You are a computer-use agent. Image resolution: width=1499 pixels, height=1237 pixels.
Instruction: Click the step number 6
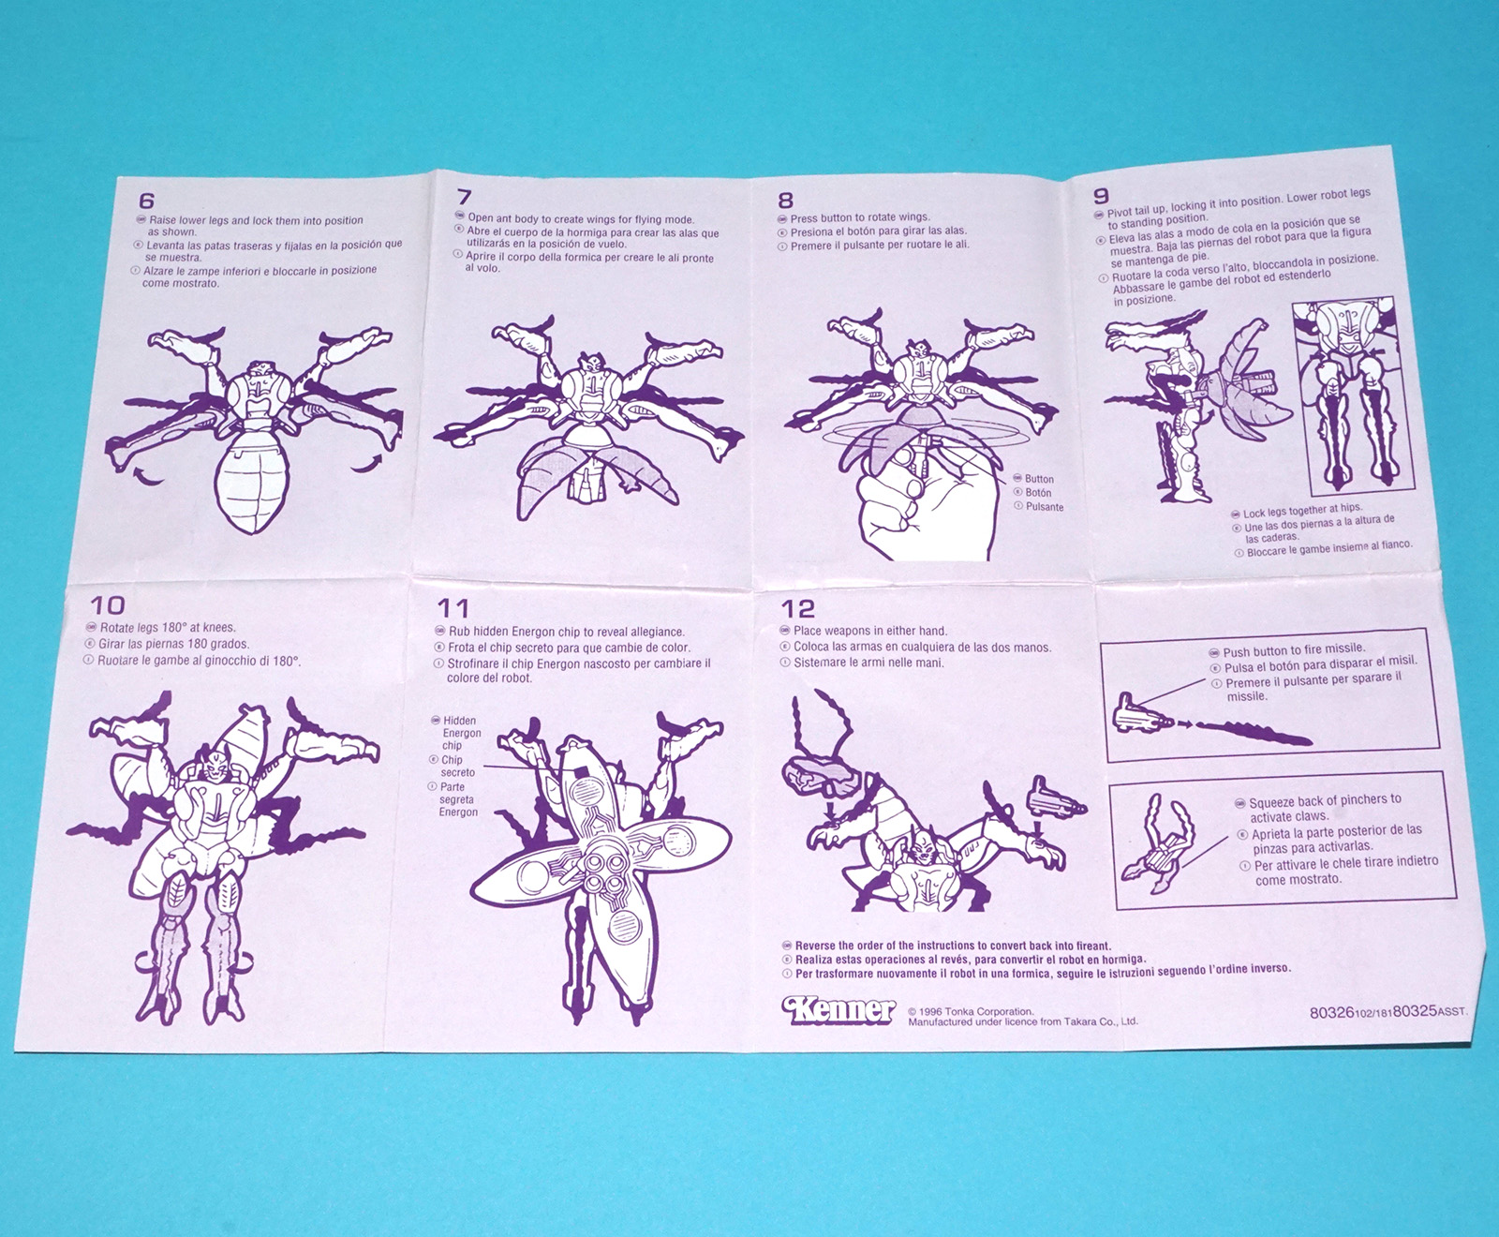pyautogui.click(x=146, y=201)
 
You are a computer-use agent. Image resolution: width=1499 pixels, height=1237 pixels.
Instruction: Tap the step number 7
pyautogui.click(x=464, y=197)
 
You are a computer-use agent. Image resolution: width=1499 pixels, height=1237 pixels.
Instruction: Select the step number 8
pyautogui.click(x=785, y=200)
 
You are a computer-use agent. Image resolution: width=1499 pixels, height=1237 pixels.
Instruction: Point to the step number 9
pyautogui.click(x=1101, y=195)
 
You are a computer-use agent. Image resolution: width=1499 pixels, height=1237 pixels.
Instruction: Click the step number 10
pyautogui.click(x=107, y=605)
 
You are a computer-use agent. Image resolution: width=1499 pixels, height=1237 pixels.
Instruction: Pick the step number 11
pyautogui.click(x=453, y=608)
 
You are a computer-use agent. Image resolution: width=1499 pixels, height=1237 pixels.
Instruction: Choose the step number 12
pyautogui.click(x=798, y=608)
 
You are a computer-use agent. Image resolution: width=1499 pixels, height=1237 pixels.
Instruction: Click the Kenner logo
pyautogui.click(x=839, y=1009)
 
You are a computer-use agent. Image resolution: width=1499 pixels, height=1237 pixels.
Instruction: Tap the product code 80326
pyautogui.click(x=1331, y=1012)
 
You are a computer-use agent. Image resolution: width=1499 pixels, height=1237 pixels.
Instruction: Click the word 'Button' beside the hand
pyautogui.click(x=1039, y=479)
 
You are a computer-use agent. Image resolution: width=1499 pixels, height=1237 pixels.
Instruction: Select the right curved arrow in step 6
pyautogui.click(x=369, y=462)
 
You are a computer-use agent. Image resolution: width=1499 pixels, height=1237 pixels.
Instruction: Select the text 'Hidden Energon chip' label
pyautogui.click(x=461, y=733)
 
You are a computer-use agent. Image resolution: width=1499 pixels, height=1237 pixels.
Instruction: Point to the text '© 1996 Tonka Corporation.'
pyautogui.click(x=971, y=1011)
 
